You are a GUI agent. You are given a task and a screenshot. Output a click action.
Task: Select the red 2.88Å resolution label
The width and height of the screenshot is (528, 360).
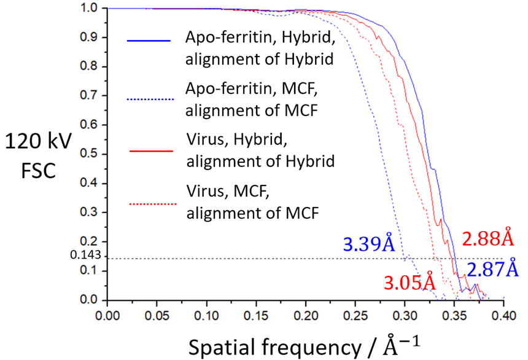tap(487, 238)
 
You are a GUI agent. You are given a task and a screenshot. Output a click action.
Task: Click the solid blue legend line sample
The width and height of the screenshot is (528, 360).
tap(149, 41)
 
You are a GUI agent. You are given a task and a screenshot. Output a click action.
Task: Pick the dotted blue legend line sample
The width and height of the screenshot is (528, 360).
tap(149, 100)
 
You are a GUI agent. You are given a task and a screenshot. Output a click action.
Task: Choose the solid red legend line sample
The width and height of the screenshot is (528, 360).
tap(149, 149)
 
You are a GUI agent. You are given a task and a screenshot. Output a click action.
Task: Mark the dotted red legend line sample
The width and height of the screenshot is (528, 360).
tap(149, 202)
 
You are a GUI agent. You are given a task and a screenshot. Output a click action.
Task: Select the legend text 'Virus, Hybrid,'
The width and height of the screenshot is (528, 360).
tap(237, 141)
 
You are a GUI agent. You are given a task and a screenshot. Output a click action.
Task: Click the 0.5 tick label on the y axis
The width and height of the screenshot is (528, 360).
tap(90, 155)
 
